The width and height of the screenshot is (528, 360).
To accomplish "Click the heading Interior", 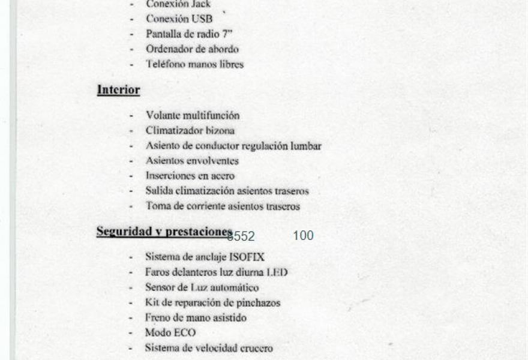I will click(118, 90).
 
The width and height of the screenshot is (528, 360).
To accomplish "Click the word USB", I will click(202, 19).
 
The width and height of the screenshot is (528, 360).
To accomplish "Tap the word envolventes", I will click(211, 161).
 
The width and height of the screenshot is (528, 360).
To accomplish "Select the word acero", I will click(222, 176).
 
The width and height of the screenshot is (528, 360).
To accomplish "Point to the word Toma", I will click(158, 206).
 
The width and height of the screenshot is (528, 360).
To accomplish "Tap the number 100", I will click(303, 236).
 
